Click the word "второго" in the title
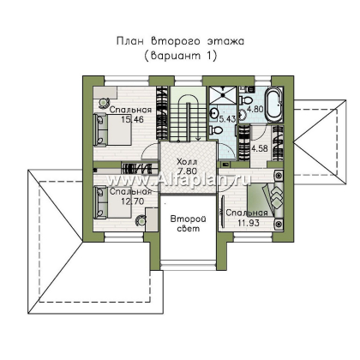176,41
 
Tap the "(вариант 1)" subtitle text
180,56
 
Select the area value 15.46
132,119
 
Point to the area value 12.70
132,201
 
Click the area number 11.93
249,223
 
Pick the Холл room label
187,162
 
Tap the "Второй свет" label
188,224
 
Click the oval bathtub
273,105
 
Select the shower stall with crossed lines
223,96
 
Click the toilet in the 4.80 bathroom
245,100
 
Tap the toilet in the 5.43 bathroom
216,131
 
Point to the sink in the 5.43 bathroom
213,113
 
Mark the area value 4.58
260,149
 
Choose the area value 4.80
255,109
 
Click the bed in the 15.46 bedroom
112,129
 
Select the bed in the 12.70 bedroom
112,202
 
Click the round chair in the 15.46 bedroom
103,103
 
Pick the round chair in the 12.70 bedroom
141,220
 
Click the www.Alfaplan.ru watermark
178,180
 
